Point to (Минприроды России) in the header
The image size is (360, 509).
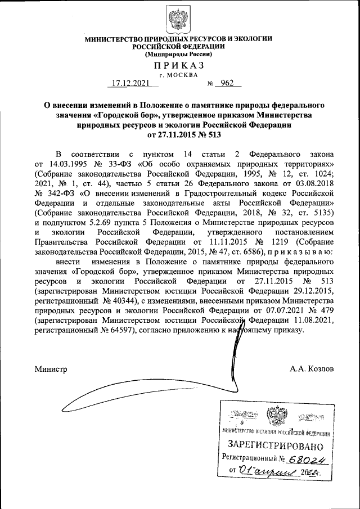[179, 55]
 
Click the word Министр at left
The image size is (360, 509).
[51, 369]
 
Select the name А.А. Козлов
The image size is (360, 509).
[312, 369]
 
